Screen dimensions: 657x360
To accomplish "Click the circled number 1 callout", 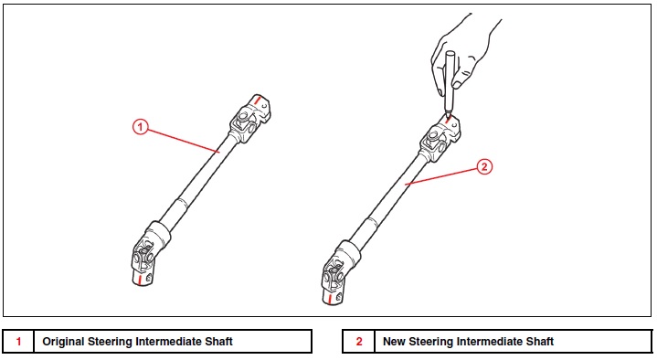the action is [x=141, y=127].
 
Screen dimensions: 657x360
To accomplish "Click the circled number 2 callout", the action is [x=484, y=167].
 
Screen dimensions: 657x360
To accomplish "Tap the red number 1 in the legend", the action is [x=18, y=342].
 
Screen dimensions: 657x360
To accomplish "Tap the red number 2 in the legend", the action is [x=359, y=342].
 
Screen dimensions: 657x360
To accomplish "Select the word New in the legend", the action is [x=394, y=342].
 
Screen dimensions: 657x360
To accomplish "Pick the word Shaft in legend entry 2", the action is [x=540, y=342].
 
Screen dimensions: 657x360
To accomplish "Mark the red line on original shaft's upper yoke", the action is [x=257, y=101].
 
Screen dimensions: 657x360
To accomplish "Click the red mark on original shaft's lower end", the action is [x=140, y=279].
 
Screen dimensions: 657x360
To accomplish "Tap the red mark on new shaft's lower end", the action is [x=331, y=299].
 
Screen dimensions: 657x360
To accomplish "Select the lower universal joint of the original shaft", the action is [x=145, y=257].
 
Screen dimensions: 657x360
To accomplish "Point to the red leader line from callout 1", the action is [x=183, y=140].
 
